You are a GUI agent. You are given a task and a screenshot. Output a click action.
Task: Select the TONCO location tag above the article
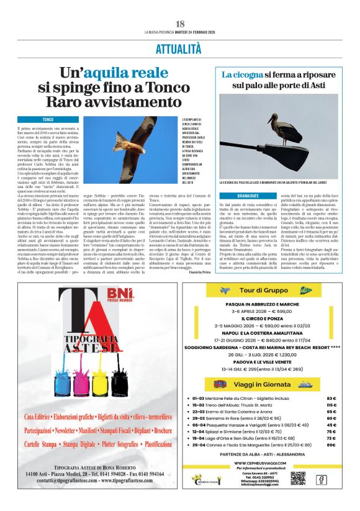point(48,119)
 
